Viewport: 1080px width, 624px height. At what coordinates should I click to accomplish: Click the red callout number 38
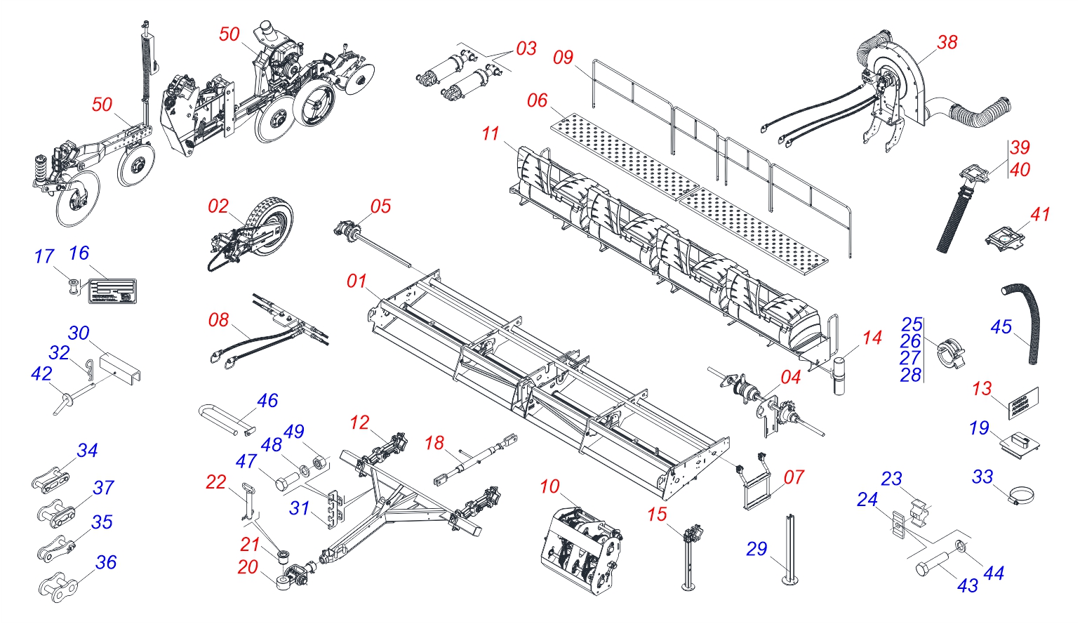(947, 42)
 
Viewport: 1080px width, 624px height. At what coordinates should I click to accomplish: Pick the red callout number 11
(491, 133)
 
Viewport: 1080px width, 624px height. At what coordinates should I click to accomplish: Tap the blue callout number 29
(756, 548)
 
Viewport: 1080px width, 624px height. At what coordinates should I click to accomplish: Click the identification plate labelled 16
(112, 291)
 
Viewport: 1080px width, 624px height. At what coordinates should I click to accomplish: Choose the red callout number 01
(356, 281)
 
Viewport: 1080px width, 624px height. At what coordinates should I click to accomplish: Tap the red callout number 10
(550, 486)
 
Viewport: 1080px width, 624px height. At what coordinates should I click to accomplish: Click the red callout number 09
(563, 58)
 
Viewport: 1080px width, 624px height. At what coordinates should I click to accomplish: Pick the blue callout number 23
(891, 479)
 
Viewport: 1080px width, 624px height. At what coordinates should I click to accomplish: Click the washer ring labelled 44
(962, 546)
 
